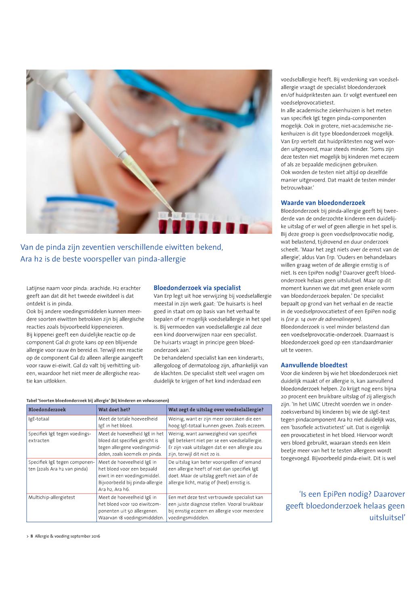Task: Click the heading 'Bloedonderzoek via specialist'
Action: pyautogui.click(x=197, y=288)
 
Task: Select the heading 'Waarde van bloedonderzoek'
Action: pyautogui.click(x=323, y=203)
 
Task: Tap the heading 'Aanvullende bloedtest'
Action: pyautogui.click(x=314, y=365)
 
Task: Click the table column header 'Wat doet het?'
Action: pyautogui.click(x=114, y=409)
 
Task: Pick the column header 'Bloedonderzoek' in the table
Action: pyautogui.click(x=47, y=409)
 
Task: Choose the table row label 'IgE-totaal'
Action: pyautogui.click(x=39, y=419)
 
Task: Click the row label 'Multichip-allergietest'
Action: pyautogui.click(x=52, y=497)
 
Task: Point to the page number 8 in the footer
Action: pyautogui.click(x=31, y=536)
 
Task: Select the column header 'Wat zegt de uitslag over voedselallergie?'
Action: pyautogui.click(x=216, y=409)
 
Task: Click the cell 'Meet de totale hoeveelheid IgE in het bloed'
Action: pyautogui.click(x=128, y=422)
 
